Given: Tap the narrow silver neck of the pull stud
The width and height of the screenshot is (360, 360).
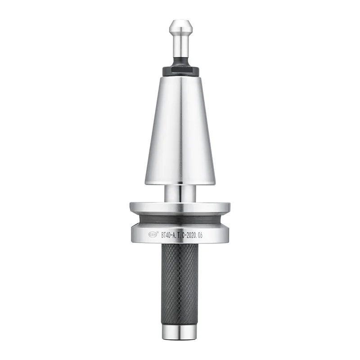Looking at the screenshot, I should [180, 45].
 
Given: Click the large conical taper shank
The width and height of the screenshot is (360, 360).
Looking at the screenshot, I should [180, 130].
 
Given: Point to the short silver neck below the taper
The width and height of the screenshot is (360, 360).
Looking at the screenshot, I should [180, 193].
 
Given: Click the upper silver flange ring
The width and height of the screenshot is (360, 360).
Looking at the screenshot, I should [180, 207].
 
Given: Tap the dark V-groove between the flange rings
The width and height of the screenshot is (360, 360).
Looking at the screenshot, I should [180, 219].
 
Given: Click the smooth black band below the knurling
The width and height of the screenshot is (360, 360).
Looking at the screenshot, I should [180, 317].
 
